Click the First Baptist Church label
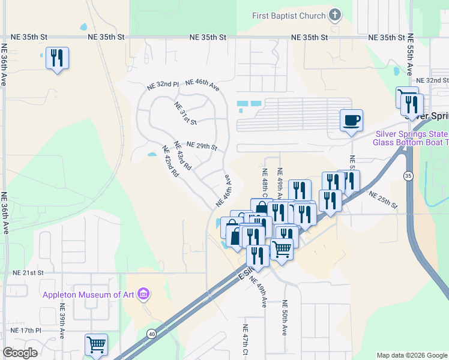tap(288, 16)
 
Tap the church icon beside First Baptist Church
tap(336, 16)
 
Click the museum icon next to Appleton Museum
tap(143, 294)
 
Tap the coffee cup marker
tap(352, 120)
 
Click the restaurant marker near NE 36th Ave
tap(57, 58)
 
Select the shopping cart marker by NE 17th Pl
tap(96, 344)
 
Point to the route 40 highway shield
tap(151, 333)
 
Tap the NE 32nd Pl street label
tap(163, 86)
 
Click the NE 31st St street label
tap(186, 113)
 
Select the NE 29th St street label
tap(201, 146)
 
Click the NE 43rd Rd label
tap(182, 155)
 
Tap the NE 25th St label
tap(383, 200)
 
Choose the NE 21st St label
tap(28, 272)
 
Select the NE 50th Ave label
tap(285, 317)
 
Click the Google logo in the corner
tap(20, 352)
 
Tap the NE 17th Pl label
tap(26, 331)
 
